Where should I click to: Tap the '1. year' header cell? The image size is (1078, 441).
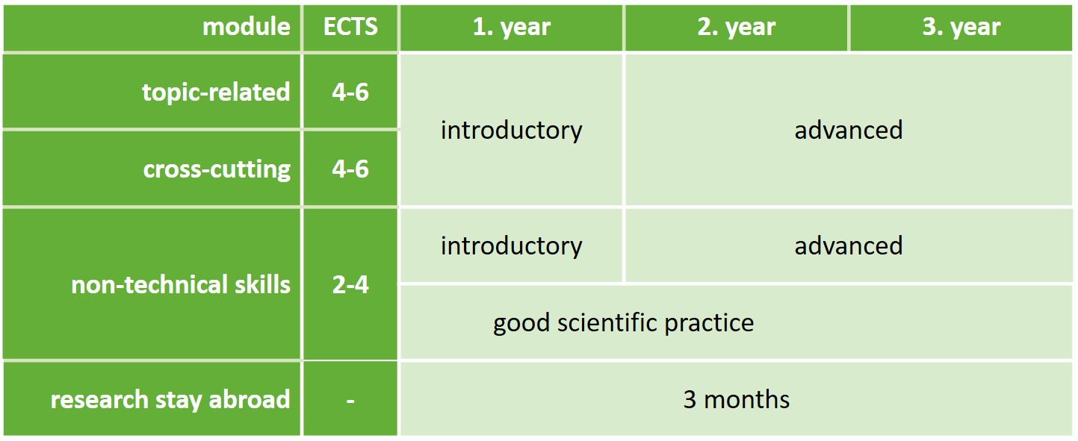(x=511, y=27)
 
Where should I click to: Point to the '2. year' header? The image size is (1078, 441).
(x=737, y=27)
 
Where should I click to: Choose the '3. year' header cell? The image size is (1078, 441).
(x=961, y=27)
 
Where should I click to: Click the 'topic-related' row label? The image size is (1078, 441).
(x=216, y=92)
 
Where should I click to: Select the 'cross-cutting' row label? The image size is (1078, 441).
(x=217, y=169)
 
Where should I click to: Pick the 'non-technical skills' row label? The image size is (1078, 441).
(x=181, y=284)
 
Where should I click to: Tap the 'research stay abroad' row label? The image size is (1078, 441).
(x=170, y=400)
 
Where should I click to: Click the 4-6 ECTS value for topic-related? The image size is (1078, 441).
(x=350, y=92)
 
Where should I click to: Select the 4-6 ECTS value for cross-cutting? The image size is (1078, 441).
(x=350, y=169)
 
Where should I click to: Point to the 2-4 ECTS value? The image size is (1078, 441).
(x=350, y=284)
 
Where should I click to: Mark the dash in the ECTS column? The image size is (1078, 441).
(x=350, y=400)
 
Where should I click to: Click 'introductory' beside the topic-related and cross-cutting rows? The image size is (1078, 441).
(x=512, y=131)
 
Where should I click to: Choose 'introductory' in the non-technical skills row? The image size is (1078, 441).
(x=512, y=245)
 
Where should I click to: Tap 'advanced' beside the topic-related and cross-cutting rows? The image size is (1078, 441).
(x=849, y=131)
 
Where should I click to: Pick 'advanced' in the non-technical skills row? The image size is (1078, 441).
(x=849, y=245)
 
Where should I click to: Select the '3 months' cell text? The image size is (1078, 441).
(x=737, y=399)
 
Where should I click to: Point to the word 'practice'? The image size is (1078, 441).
(x=709, y=323)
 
